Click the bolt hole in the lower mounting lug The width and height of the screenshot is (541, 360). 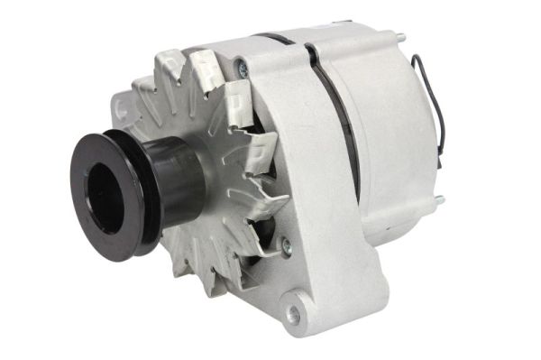[x=294, y=313]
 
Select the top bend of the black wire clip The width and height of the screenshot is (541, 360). [x=416, y=59]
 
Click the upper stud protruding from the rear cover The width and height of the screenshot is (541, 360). [x=397, y=38]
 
